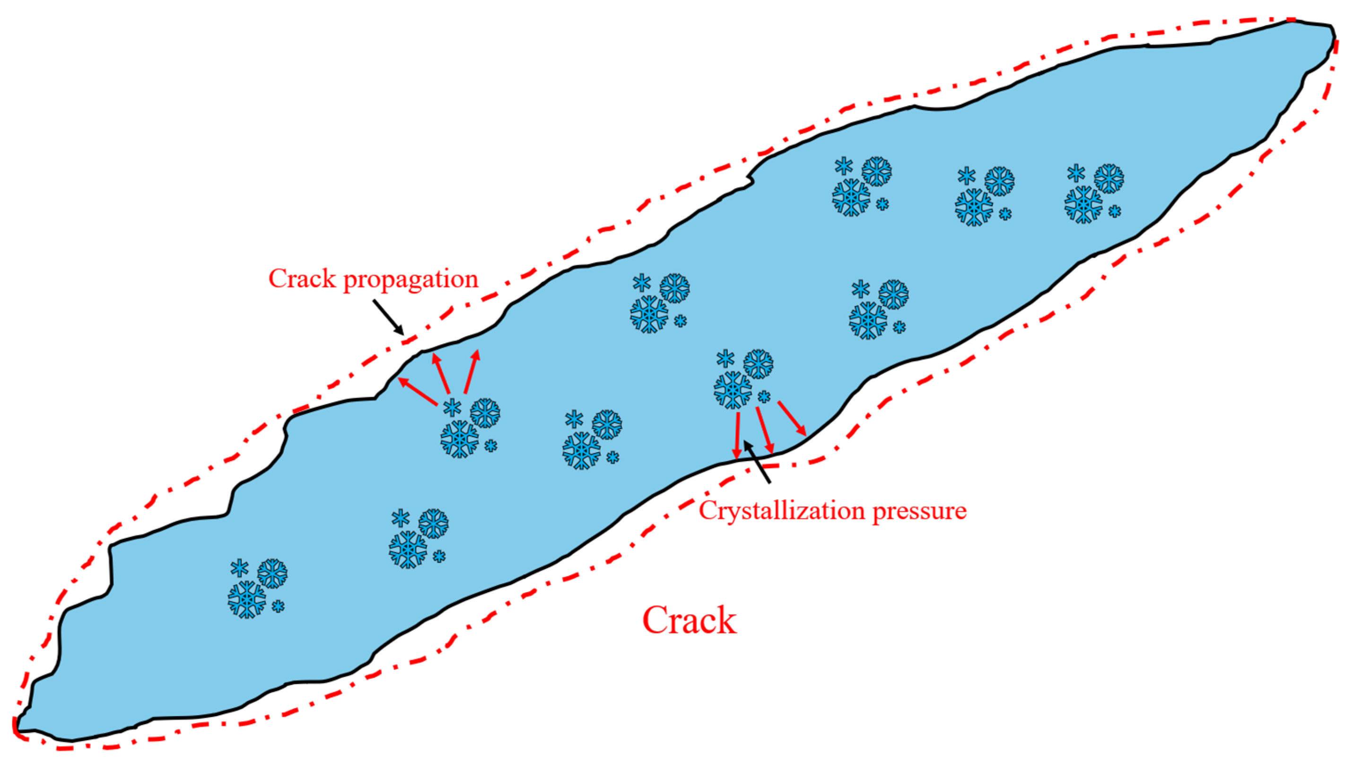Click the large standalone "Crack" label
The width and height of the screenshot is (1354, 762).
click(689, 621)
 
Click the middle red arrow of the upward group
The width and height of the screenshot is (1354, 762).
click(441, 374)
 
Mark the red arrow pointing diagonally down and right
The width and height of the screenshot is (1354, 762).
click(792, 418)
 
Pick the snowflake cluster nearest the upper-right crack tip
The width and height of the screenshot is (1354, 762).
click(1093, 193)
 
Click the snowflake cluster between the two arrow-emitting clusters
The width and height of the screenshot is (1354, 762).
click(591, 439)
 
